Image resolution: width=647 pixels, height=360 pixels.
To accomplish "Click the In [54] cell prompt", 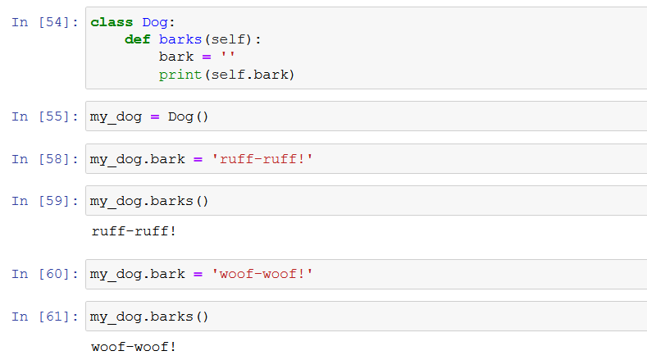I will point(45,22).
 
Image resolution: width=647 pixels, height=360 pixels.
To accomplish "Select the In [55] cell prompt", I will point(45,116).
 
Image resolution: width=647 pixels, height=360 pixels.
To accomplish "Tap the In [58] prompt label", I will point(45,159).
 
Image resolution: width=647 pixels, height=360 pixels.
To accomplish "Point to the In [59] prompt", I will point(45,201).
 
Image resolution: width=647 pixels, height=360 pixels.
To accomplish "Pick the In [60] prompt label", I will point(45,274).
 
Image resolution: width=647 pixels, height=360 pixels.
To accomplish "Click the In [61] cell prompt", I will point(45,317).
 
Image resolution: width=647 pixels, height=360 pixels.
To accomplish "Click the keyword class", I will point(112,22).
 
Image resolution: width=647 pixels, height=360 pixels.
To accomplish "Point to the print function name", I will point(180,75).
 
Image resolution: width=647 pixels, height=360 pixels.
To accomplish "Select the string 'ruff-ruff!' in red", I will point(262,159).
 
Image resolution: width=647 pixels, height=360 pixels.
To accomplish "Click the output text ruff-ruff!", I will point(134,230).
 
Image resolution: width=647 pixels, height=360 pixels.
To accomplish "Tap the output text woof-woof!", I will point(134,346).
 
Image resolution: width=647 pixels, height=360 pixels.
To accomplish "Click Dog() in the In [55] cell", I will point(189,116).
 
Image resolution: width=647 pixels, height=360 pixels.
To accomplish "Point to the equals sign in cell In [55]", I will point(154,116).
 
